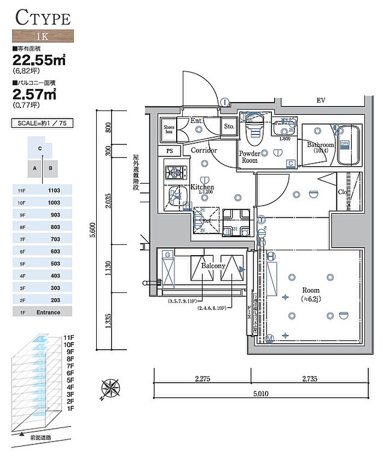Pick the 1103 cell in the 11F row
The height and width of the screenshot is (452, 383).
[x=54, y=190]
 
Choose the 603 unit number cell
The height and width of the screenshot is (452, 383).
[x=54, y=251]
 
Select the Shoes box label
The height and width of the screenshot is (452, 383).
[x=169, y=130]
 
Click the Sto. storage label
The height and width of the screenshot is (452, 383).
[x=229, y=126]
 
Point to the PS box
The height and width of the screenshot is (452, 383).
[x=169, y=151]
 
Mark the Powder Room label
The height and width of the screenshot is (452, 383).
[x=249, y=157]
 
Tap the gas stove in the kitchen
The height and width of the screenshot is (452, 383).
[x=174, y=173]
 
